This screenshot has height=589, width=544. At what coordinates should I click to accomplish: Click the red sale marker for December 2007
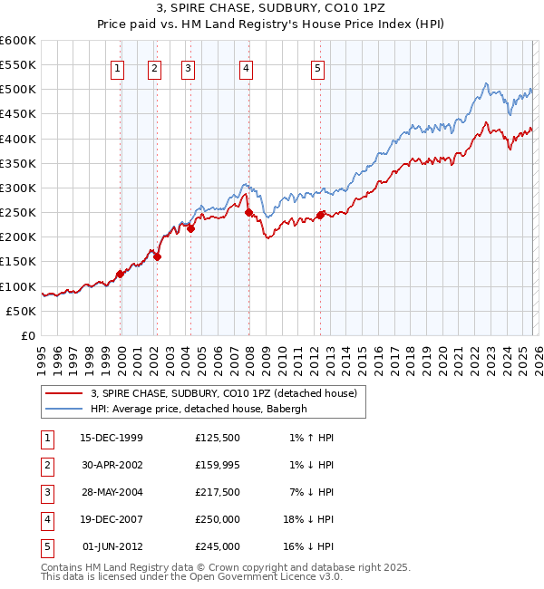point(248,212)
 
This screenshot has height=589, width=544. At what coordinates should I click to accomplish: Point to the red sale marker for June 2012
point(320,215)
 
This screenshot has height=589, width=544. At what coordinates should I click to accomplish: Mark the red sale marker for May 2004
point(191,228)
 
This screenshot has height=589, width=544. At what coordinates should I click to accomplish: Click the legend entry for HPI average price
point(199,409)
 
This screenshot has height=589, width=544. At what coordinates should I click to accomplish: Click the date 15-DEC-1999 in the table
point(112,439)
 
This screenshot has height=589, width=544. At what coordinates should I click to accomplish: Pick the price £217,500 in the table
point(218,493)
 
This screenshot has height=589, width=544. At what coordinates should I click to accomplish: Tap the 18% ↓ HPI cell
point(306,520)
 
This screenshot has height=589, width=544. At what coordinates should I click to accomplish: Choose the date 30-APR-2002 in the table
point(112,466)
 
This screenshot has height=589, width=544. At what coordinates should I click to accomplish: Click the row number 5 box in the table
point(45,547)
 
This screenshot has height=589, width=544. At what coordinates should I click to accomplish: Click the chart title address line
point(271,9)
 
